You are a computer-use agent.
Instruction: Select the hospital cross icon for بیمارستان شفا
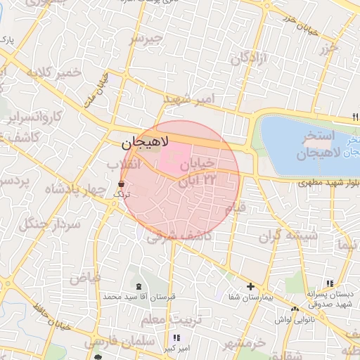250,286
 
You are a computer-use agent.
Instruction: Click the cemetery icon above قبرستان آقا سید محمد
138,285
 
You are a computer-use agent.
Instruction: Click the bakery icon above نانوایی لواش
295,309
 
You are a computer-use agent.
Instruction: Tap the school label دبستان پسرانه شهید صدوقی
328,298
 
